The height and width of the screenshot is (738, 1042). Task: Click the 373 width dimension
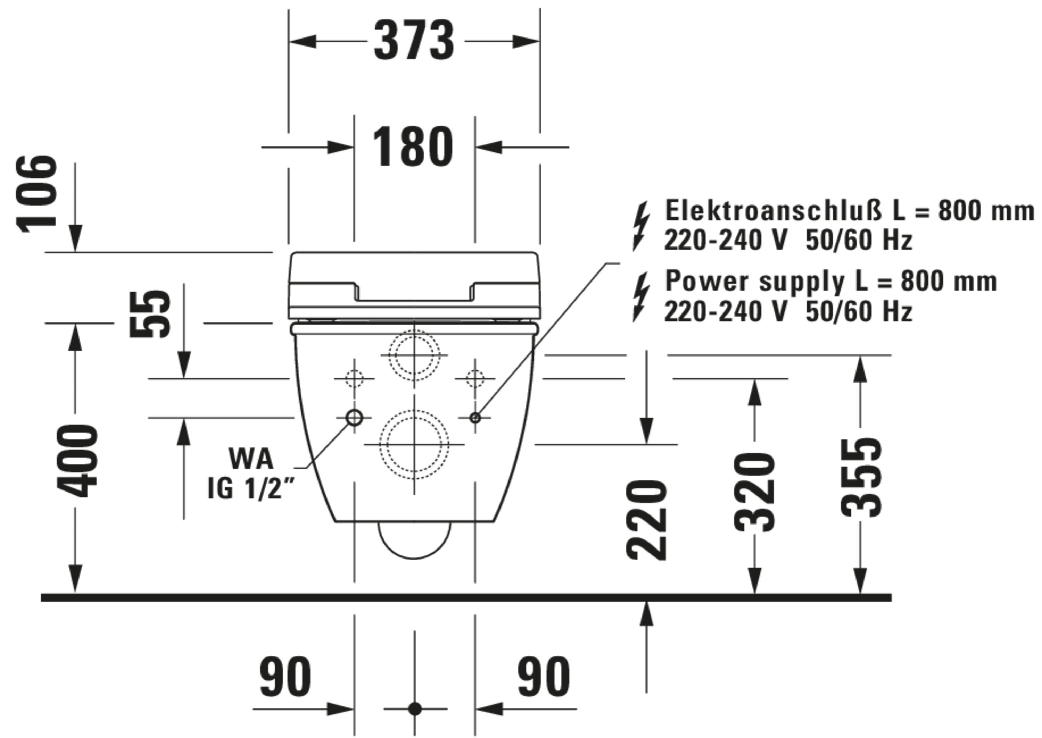coord(414,41)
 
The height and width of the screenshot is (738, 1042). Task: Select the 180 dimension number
coord(413,146)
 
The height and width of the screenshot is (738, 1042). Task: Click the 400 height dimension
coord(77,461)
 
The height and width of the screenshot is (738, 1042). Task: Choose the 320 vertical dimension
coord(755,493)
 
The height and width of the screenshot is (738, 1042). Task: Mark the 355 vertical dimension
coord(861,478)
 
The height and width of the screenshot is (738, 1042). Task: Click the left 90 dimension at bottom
coord(286,676)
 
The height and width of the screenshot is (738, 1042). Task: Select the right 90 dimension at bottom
coord(544,676)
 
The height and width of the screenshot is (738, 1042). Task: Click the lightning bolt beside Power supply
coord(641,297)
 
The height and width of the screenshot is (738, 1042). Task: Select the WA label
coord(251,459)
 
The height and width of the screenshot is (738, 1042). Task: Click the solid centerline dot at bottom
coord(415,708)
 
